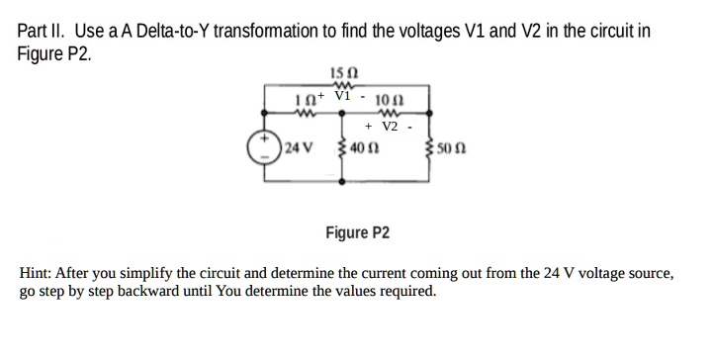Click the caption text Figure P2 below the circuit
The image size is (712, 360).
pos(357,233)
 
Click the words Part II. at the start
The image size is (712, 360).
pos(42,31)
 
